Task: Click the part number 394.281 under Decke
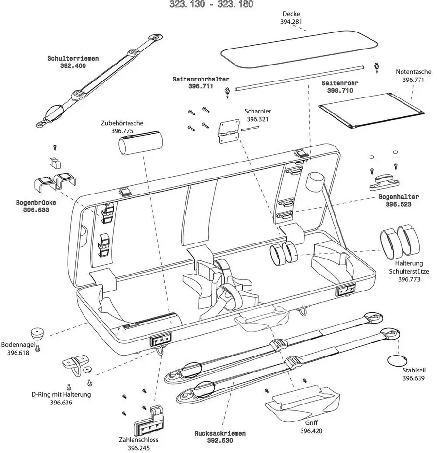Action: [x=291, y=22]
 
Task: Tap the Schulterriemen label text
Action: [x=73, y=59]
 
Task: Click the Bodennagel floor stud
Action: [x=38, y=334]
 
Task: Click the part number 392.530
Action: [x=220, y=441]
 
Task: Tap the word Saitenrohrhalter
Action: [x=201, y=79]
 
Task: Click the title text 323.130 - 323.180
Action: [x=211, y=4]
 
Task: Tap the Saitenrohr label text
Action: [x=340, y=83]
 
